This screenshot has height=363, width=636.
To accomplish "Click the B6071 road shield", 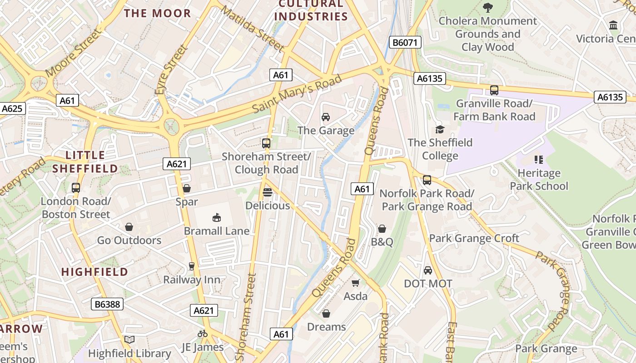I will coord(405,43).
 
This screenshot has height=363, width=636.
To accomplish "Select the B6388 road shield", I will coord(107,304).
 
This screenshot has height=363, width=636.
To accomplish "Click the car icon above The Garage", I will coord(326,117).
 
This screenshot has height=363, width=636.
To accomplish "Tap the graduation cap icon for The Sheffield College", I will coord(439,129).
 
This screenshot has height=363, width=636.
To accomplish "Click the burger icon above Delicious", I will coord(268,192).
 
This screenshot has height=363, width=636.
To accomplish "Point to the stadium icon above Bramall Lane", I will coord(217,217).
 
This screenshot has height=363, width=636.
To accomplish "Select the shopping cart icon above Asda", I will coord(356,283).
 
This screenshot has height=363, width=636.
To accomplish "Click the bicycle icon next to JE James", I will coord(203,334).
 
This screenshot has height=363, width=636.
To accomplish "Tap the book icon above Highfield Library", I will coord(129,339).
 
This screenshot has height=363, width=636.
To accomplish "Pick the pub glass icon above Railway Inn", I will coord(192,266).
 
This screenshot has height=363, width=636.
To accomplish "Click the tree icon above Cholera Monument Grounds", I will coord(488,7).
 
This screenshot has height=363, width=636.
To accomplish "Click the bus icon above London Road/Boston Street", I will coord(76,187).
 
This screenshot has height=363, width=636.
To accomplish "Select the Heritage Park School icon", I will coord(539,160).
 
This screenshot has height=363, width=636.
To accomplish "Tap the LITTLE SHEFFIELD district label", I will coord(85,162).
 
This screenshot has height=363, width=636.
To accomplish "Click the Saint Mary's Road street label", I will coord(296,94).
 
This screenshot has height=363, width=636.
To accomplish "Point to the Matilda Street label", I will coord(253,28).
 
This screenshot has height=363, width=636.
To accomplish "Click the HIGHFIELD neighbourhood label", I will coord(94,272).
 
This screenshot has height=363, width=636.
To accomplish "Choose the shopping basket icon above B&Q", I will coord(382,228).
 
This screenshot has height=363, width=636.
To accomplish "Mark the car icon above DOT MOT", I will coord(428,270).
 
